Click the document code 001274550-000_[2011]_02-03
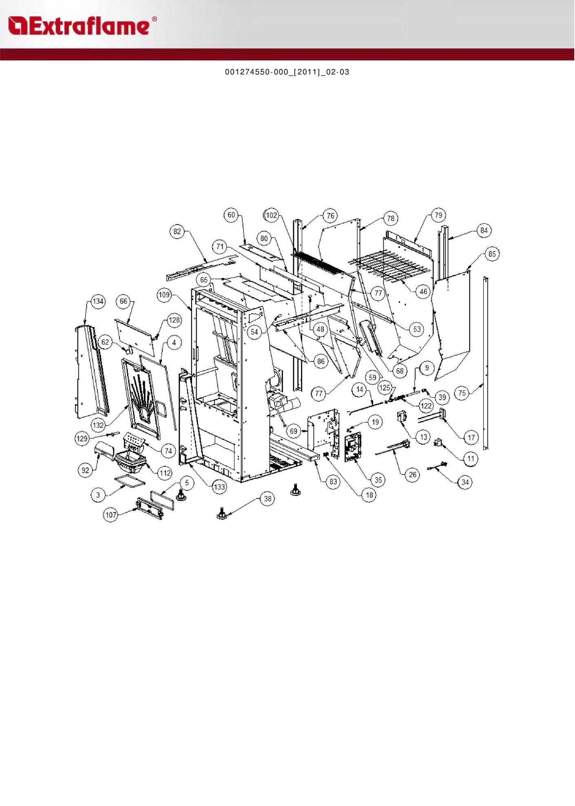click(287, 72)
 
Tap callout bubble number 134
click(98, 302)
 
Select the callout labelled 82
click(177, 232)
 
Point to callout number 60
click(231, 215)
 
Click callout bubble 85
click(492, 254)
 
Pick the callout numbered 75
click(462, 393)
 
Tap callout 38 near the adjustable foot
click(268, 499)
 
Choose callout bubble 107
click(111, 515)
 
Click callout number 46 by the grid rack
click(424, 291)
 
